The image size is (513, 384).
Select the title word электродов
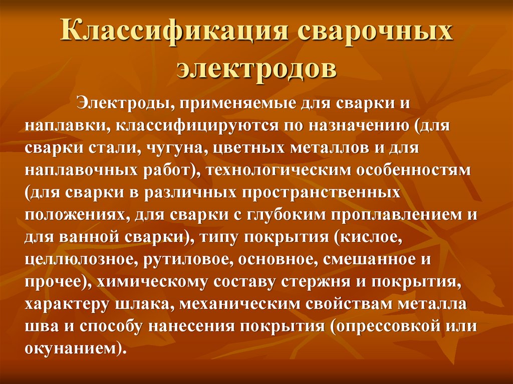(x=256, y=68)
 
